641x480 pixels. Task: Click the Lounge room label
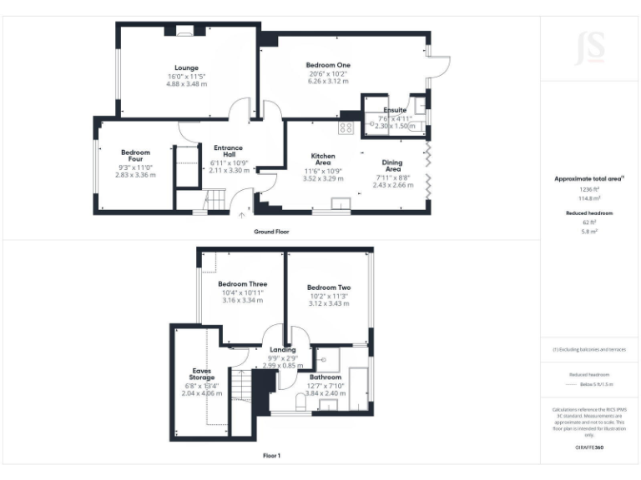185,67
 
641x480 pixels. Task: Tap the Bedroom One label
327,65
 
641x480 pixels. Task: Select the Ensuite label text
395,110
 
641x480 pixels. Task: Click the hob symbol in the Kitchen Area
346,127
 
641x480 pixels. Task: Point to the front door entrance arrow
243,214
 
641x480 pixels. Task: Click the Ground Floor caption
271,231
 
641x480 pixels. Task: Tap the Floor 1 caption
271,456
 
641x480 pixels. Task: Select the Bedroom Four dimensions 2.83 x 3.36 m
135,175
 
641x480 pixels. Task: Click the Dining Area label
392,166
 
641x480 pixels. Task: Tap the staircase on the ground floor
215,200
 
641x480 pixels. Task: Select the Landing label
282,349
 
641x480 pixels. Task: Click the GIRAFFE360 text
589,447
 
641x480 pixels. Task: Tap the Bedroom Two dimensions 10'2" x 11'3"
328,296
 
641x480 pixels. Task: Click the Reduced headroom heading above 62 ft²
589,213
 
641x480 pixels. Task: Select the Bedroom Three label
243,284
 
